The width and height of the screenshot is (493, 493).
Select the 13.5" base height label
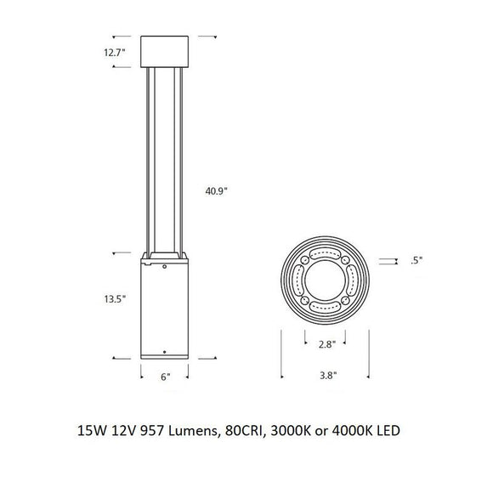[116, 299]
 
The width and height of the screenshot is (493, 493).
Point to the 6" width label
[165, 376]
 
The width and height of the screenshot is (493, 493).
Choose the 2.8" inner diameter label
[326, 345]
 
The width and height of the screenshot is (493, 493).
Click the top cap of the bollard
[165, 53]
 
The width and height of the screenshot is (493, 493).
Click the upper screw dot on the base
[165, 267]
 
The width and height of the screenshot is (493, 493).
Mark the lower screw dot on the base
[165, 350]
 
